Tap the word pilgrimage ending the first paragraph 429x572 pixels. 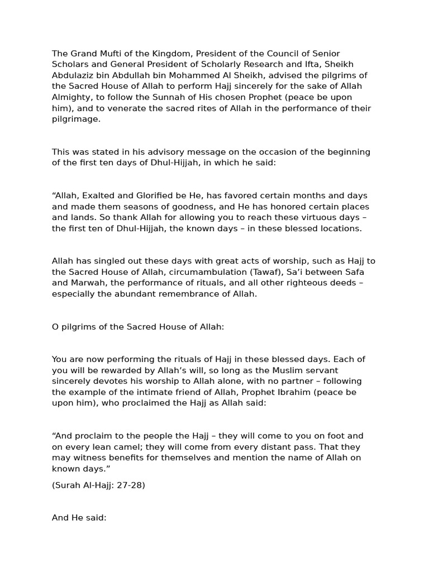pos(76,119)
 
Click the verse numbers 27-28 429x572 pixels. pos(130,485)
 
